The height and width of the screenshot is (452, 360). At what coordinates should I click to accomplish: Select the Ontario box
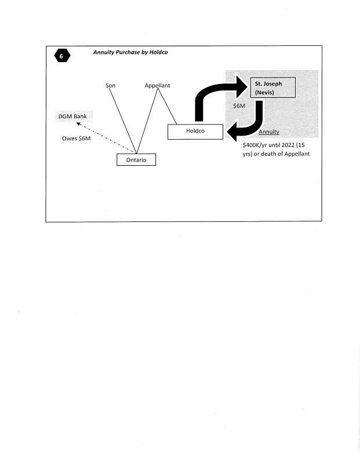click(136, 159)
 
